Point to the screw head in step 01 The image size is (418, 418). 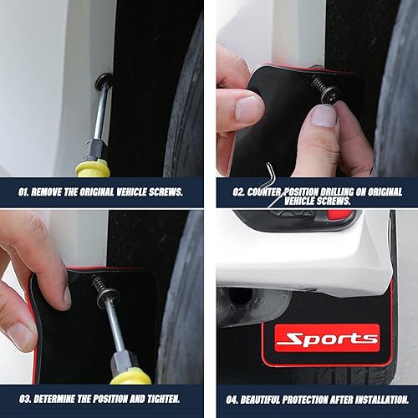click(x=104, y=82)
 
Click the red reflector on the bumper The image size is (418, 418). click(x=339, y=215)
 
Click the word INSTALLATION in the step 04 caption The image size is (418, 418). click(x=380, y=400)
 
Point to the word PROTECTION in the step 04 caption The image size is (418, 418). click(x=322, y=400)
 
